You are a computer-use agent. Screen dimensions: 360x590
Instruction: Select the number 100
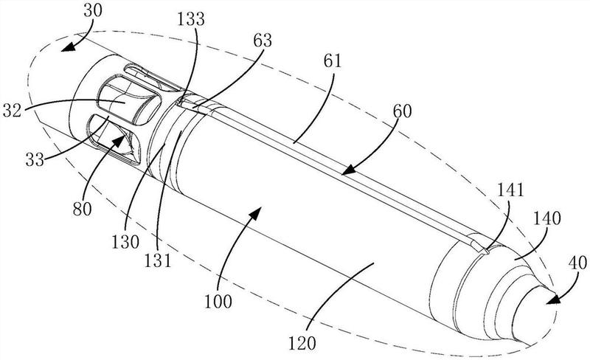point(218,302)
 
